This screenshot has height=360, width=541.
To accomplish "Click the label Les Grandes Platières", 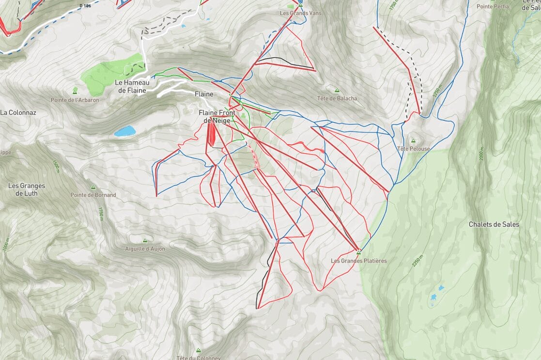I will pyautogui.click(x=358, y=261).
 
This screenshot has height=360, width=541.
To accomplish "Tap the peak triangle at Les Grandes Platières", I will pyautogui.click(x=359, y=252).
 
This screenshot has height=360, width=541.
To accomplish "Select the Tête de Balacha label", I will pyautogui.click(x=337, y=98).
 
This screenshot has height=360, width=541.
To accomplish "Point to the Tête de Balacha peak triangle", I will pyautogui.click(x=337, y=90).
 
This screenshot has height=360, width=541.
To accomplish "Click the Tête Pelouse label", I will pyautogui.click(x=413, y=149).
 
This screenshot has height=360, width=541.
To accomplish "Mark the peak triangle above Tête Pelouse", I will pyautogui.click(x=413, y=141).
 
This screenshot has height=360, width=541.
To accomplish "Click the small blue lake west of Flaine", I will pyautogui.click(x=125, y=131).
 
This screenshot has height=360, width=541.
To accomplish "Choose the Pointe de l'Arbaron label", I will pyautogui.click(x=75, y=100).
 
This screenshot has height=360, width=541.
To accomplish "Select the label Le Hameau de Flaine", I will pyautogui.click(x=132, y=86).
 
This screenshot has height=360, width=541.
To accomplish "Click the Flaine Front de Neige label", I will pyautogui.click(x=217, y=117).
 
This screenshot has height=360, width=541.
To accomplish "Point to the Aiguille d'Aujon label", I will pyautogui.click(x=144, y=249).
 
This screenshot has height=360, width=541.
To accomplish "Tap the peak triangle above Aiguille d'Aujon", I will pyautogui.click(x=144, y=240).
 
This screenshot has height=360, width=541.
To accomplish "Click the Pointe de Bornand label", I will pyautogui.click(x=93, y=195).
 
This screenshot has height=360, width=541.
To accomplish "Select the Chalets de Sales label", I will pyautogui.click(x=494, y=224).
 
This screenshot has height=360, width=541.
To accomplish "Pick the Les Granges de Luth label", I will pyautogui.click(x=27, y=189).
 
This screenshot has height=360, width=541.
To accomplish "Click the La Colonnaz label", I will pyautogui.click(x=18, y=112).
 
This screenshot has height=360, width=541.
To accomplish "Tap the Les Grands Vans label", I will pyautogui.click(x=300, y=13).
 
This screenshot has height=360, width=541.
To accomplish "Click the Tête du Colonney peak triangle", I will pyautogui.click(x=198, y=350).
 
